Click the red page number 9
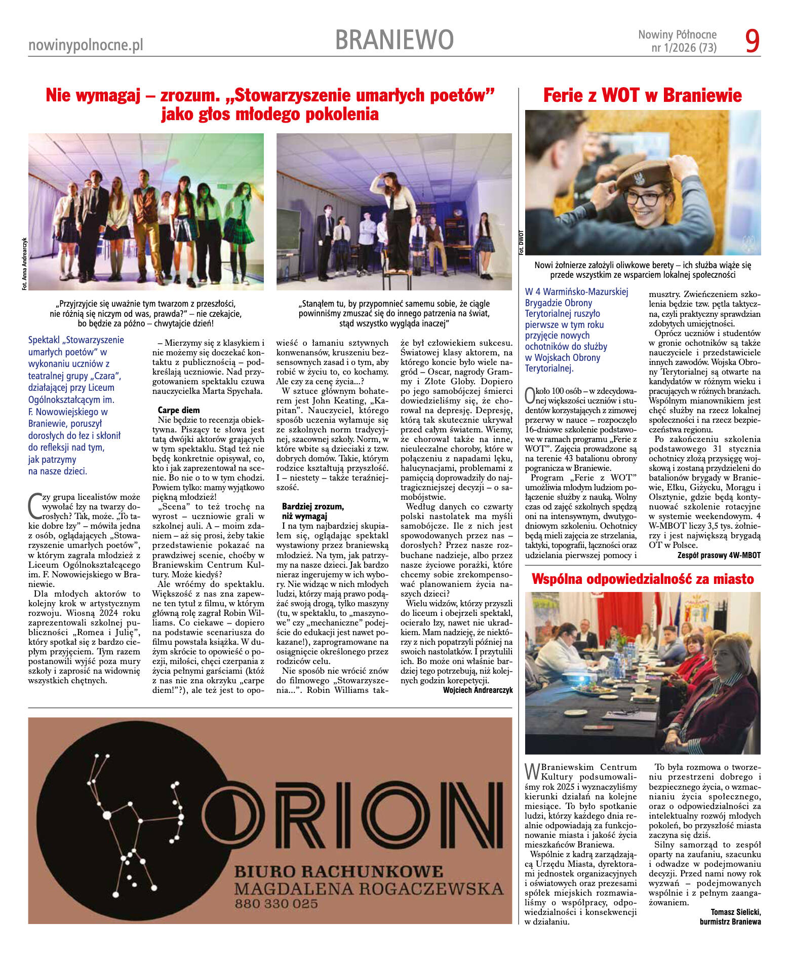pyautogui.click(x=753, y=41)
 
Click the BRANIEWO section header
pyautogui.click(x=394, y=40)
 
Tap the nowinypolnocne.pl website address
pyautogui.click(x=86, y=46)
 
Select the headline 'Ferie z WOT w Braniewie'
pyautogui.click(x=642, y=95)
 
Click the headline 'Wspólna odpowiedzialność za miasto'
pyautogui.click(x=643, y=579)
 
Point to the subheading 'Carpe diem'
pyautogui.click(x=178, y=410)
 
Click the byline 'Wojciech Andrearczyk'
pyautogui.click(x=478, y=690)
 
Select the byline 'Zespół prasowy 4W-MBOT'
pyautogui.click(x=719, y=555)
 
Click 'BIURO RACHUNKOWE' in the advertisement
pyautogui.click(x=338, y=872)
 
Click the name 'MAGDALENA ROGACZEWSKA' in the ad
pyautogui.click(x=369, y=889)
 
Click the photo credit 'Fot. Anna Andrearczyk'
pyautogui.click(x=24, y=264)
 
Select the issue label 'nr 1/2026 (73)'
pyautogui.click(x=684, y=48)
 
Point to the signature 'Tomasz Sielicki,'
pyautogui.click(x=735, y=912)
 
